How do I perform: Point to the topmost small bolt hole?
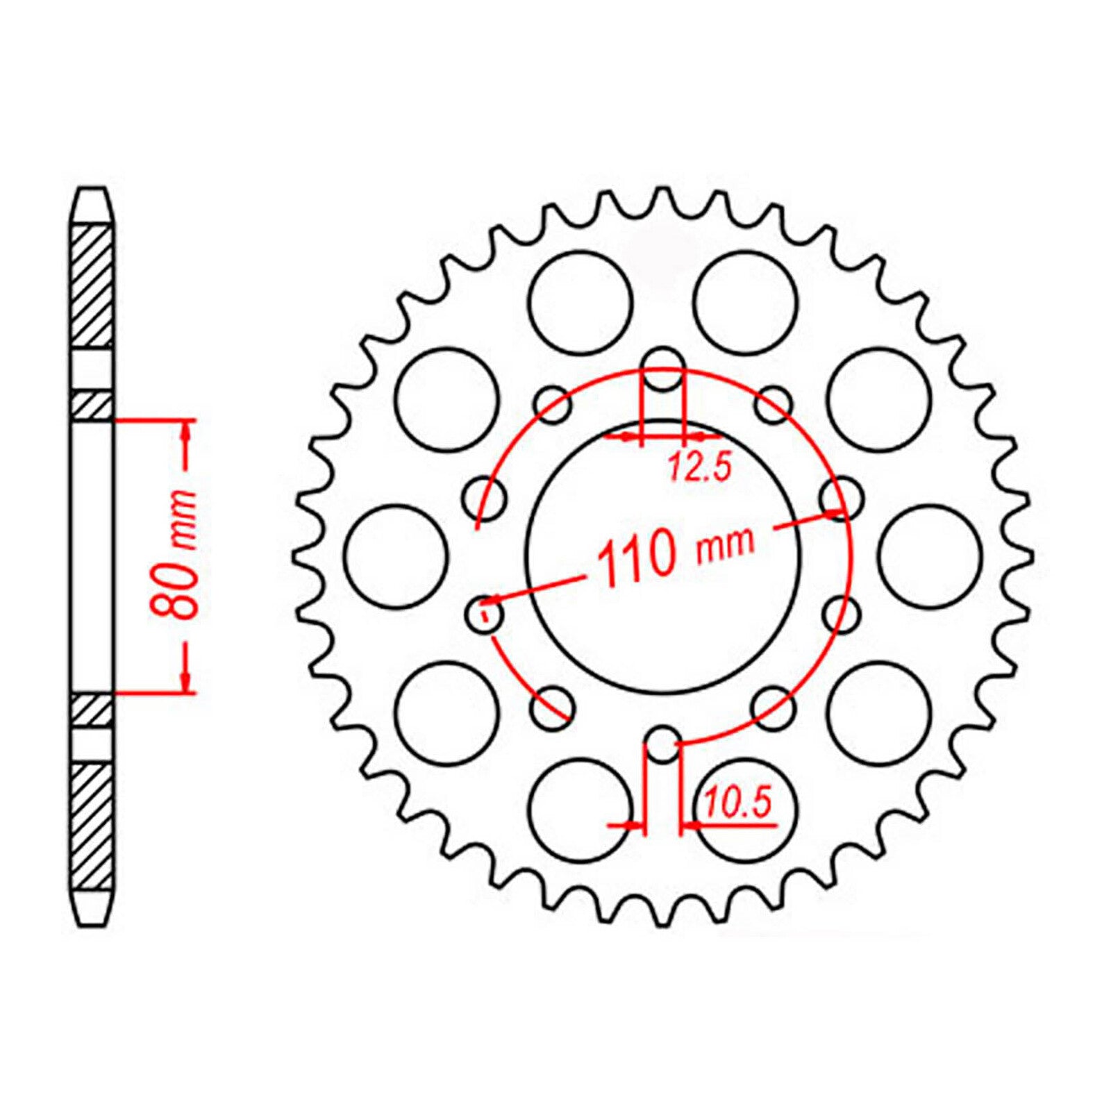663,369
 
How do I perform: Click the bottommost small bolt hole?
663,744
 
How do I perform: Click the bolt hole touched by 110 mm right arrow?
841,499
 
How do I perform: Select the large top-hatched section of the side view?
92,286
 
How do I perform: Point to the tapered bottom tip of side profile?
92,910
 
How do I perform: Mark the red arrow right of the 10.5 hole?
693,825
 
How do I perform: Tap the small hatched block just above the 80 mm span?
92,406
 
